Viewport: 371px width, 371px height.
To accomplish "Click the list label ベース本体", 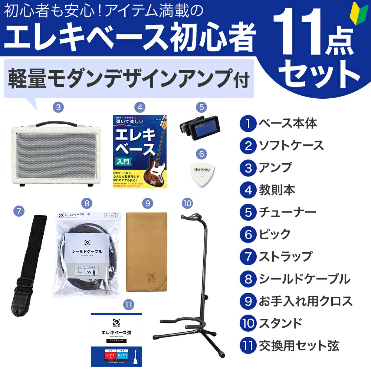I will pyautogui.click(x=287, y=124).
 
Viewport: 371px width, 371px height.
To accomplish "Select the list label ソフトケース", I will pyautogui.click(x=290, y=146).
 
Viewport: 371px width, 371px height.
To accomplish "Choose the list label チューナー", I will pyautogui.click(x=287, y=212).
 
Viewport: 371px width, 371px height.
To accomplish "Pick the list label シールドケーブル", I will pyautogui.click(x=304, y=279).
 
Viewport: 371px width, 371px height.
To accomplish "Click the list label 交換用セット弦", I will pyautogui.click(x=298, y=345).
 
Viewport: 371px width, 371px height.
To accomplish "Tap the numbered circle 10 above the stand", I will pyautogui.click(x=188, y=203).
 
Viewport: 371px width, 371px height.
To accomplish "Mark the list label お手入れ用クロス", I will pyautogui.click(x=305, y=301).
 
